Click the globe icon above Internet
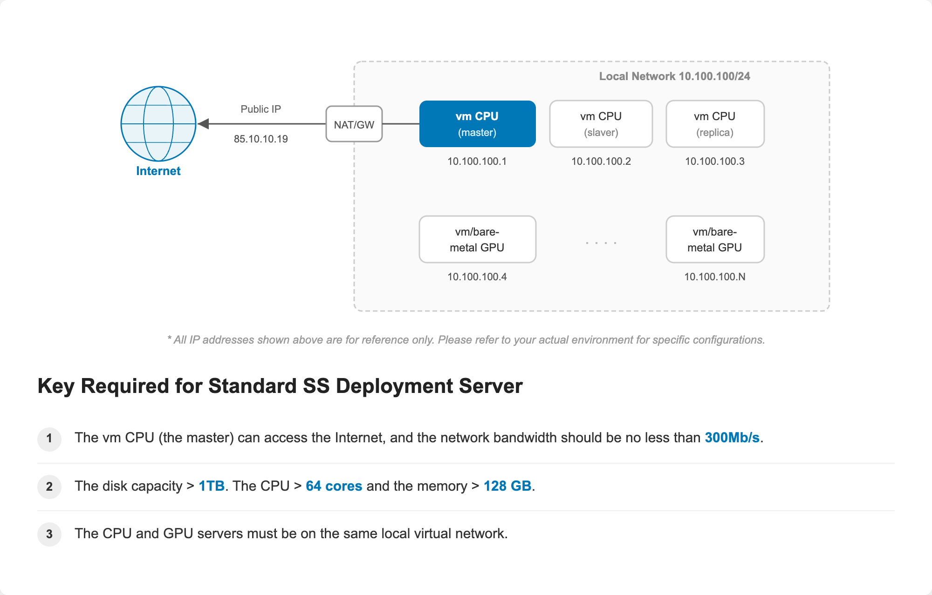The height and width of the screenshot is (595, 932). pyautogui.click(x=158, y=124)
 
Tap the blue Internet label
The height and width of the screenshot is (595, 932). pyautogui.click(x=158, y=171)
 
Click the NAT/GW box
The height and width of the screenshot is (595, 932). pyautogui.click(x=354, y=124)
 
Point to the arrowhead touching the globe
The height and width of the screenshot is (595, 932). pyautogui.click(x=203, y=124)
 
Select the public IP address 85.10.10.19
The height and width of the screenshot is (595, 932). pyautogui.click(x=261, y=139)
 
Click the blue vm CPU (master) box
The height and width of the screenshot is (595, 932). pyautogui.click(x=477, y=124)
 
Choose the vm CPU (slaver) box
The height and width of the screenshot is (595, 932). pyautogui.click(x=601, y=124)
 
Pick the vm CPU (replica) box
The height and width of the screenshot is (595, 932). pyautogui.click(x=715, y=124)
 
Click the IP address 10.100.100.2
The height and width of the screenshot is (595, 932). pyautogui.click(x=601, y=161)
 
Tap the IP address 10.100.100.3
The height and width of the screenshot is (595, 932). pyautogui.click(x=715, y=161)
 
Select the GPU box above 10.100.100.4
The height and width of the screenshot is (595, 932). pyautogui.click(x=477, y=239)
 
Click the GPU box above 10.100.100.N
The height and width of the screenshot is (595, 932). pyautogui.click(x=715, y=239)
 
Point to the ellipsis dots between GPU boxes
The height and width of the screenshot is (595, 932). pyautogui.click(x=601, y=243)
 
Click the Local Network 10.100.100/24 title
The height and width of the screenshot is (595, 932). pyautogui.click(x=674, y=76)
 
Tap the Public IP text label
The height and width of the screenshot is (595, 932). pyautogui.click(x=261, y=109)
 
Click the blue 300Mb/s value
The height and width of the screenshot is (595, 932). pyautogui.click(x=732, y=438)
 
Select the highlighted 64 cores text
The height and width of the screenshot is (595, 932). pyautogui.click(x=334, y=486)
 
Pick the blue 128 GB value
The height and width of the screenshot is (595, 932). pyautogui.click(x=507, y=486)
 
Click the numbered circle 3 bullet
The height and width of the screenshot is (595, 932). pyautogui.click(x=49, y=534)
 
